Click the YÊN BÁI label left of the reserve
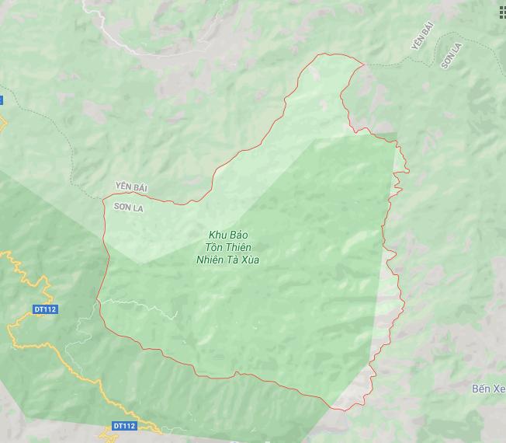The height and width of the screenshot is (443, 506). (130, 187)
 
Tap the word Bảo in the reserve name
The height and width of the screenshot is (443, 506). (240, 235)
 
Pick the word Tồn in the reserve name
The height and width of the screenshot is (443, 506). (213, 247)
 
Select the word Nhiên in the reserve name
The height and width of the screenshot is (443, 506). (211, 260)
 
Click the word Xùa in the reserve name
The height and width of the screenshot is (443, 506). (250, 260)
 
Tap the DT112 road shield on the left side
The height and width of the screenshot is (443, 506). (45, 309)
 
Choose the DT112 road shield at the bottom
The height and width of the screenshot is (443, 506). (124, 426)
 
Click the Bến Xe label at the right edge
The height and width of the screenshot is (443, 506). (488, 388)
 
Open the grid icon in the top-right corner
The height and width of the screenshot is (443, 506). (501, 12)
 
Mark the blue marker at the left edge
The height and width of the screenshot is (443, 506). (2, 100)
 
